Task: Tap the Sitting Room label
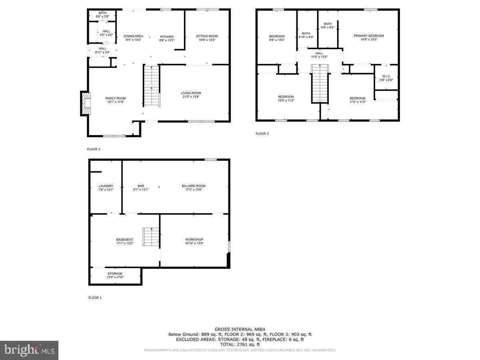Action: point(207,36)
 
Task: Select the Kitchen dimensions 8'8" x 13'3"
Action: point(167,40)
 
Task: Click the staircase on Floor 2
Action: point(152,86)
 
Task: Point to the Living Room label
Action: point(191,93)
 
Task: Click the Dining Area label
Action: point(133,36)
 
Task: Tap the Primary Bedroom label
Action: point(368,36)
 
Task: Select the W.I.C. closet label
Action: point(386,76)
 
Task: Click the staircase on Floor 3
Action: point(320,84)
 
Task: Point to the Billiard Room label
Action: point(194,186)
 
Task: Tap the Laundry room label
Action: point(106,186)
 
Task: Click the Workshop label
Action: point(194,240)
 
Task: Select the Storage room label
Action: point(115,274)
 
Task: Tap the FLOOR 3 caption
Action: point(262,134)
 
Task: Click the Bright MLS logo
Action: point(29,350)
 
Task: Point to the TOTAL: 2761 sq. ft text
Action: point(240,344)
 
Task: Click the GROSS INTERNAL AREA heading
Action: point(240,329)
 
